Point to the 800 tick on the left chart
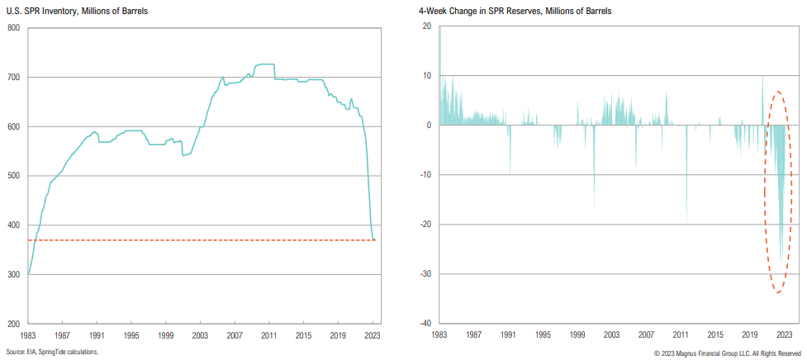pyautogui.click(x=13, y=28)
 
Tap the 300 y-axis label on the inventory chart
pyautogui.click(x=13, y=274)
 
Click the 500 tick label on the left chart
pyautogui.click(x=13, y=176)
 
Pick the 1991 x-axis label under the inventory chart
pyautogui.click(x=97, y=336)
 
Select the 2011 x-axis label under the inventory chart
pyautogui.click(x=269, y=336)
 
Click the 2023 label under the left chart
pyautogui.click(x=373, y=336)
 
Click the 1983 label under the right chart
pyautogui.click(x=439, y=336)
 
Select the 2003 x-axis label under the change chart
pyautogui.click(x=612, y=336)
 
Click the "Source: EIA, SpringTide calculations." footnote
pyautogui.click(x=52, y=352)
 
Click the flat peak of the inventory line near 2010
pyautogui.click(x=263, y=64)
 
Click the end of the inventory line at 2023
pyautogui.click(x=373, y=239)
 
